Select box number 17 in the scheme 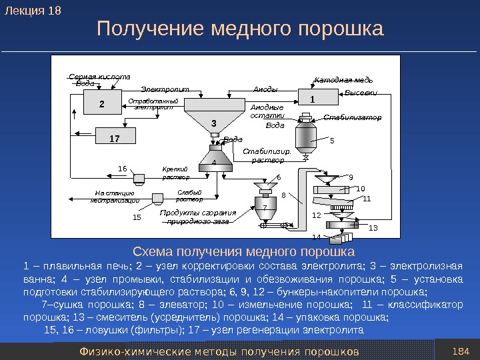[114, 138]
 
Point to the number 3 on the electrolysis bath [214, 123]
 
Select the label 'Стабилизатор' [352, 117]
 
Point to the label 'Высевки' [362, 93]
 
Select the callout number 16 [122, 169]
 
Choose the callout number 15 [137, 217]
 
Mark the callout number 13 [372, 227]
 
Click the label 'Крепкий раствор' [175, 173]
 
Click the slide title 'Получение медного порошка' [241, 29]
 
